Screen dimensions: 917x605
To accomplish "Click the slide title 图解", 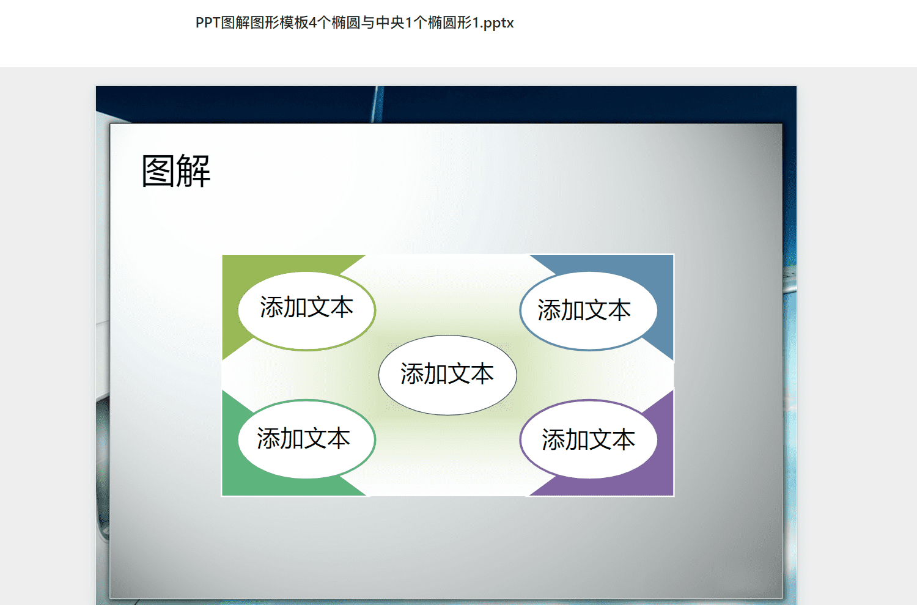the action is click(x=176, y=171).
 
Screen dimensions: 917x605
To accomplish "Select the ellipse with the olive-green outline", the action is click(x=307, y=311).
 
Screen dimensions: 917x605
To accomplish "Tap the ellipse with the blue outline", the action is click(x=589, y=311).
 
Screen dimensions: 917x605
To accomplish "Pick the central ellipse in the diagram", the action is click(x=447, y=375).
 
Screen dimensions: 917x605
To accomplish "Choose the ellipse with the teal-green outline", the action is click(x=307, y=439).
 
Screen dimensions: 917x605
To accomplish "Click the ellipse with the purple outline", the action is click(x=589, y=439).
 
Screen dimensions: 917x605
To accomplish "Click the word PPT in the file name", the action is click(x=208, y=23).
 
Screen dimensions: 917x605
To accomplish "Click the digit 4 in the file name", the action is click(x=313, y=23).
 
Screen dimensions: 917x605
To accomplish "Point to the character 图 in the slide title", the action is click(x=158, y=171).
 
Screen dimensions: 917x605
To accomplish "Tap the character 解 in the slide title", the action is click(x=194, y=171).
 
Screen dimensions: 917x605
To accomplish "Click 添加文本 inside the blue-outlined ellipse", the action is click(x=584, y=310).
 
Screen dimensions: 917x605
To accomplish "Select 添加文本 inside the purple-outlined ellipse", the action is click(x=588, y=439).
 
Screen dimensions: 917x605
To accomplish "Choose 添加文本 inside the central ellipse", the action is click(x=447, y=374).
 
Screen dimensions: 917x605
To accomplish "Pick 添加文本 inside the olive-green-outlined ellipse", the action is click(x=307, y=307).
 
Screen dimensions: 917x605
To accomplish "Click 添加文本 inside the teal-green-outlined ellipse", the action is click(x=303, y=438).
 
